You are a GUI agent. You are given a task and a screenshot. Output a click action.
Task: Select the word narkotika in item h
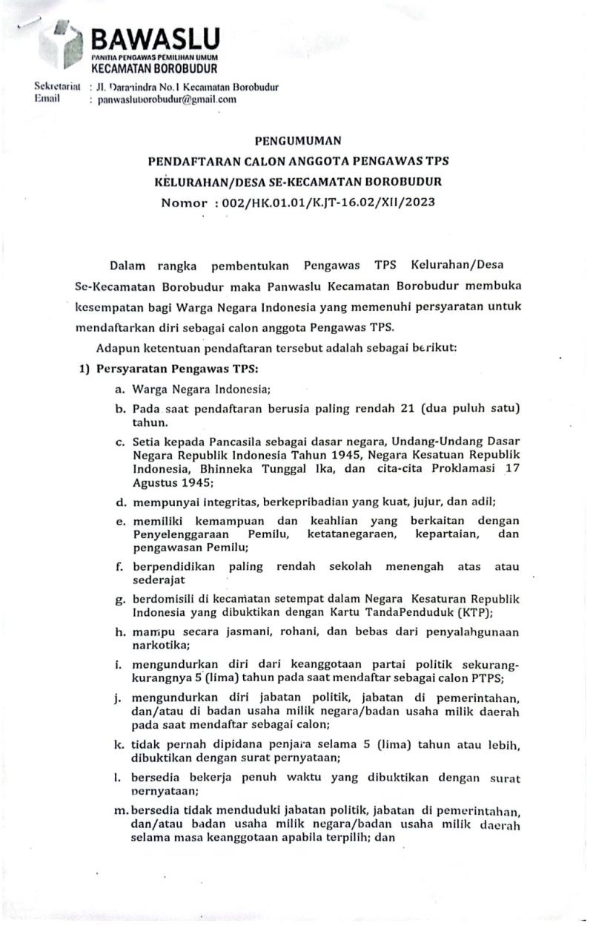coord(159,647)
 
